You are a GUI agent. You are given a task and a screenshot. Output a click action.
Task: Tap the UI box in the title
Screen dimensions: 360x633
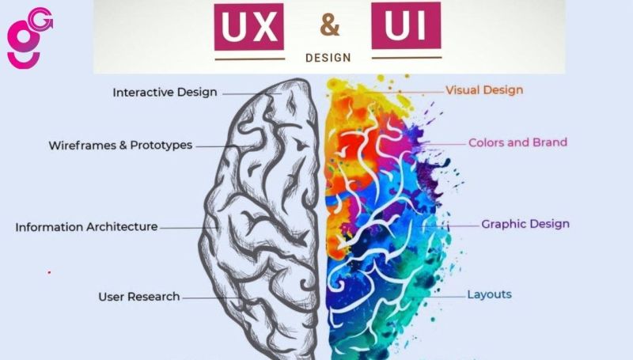coord(406,27)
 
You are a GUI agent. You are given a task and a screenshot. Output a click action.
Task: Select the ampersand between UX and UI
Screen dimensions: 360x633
coord(329,26)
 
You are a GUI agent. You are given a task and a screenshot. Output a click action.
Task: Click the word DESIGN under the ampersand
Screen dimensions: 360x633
coord(328,58)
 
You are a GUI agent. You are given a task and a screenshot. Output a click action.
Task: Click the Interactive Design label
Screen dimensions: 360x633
coord(165,93)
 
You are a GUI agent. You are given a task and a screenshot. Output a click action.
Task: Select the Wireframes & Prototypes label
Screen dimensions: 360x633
coord(120,146)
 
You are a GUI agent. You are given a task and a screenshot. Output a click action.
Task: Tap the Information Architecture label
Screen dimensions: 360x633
coord(86,227)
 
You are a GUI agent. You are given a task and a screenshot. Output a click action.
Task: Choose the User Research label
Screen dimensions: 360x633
coord(139,297)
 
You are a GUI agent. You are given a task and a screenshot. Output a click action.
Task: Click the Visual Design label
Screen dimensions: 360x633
coord(484,90)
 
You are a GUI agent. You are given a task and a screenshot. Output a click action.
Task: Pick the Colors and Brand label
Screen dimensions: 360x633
coord(517,143)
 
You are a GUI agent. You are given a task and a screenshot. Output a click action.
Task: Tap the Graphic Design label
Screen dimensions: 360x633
coord(525,224)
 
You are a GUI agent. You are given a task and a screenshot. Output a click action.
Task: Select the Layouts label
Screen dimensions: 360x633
coord(489,294)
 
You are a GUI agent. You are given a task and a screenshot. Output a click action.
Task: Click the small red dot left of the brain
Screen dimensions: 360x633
coord(49,272)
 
